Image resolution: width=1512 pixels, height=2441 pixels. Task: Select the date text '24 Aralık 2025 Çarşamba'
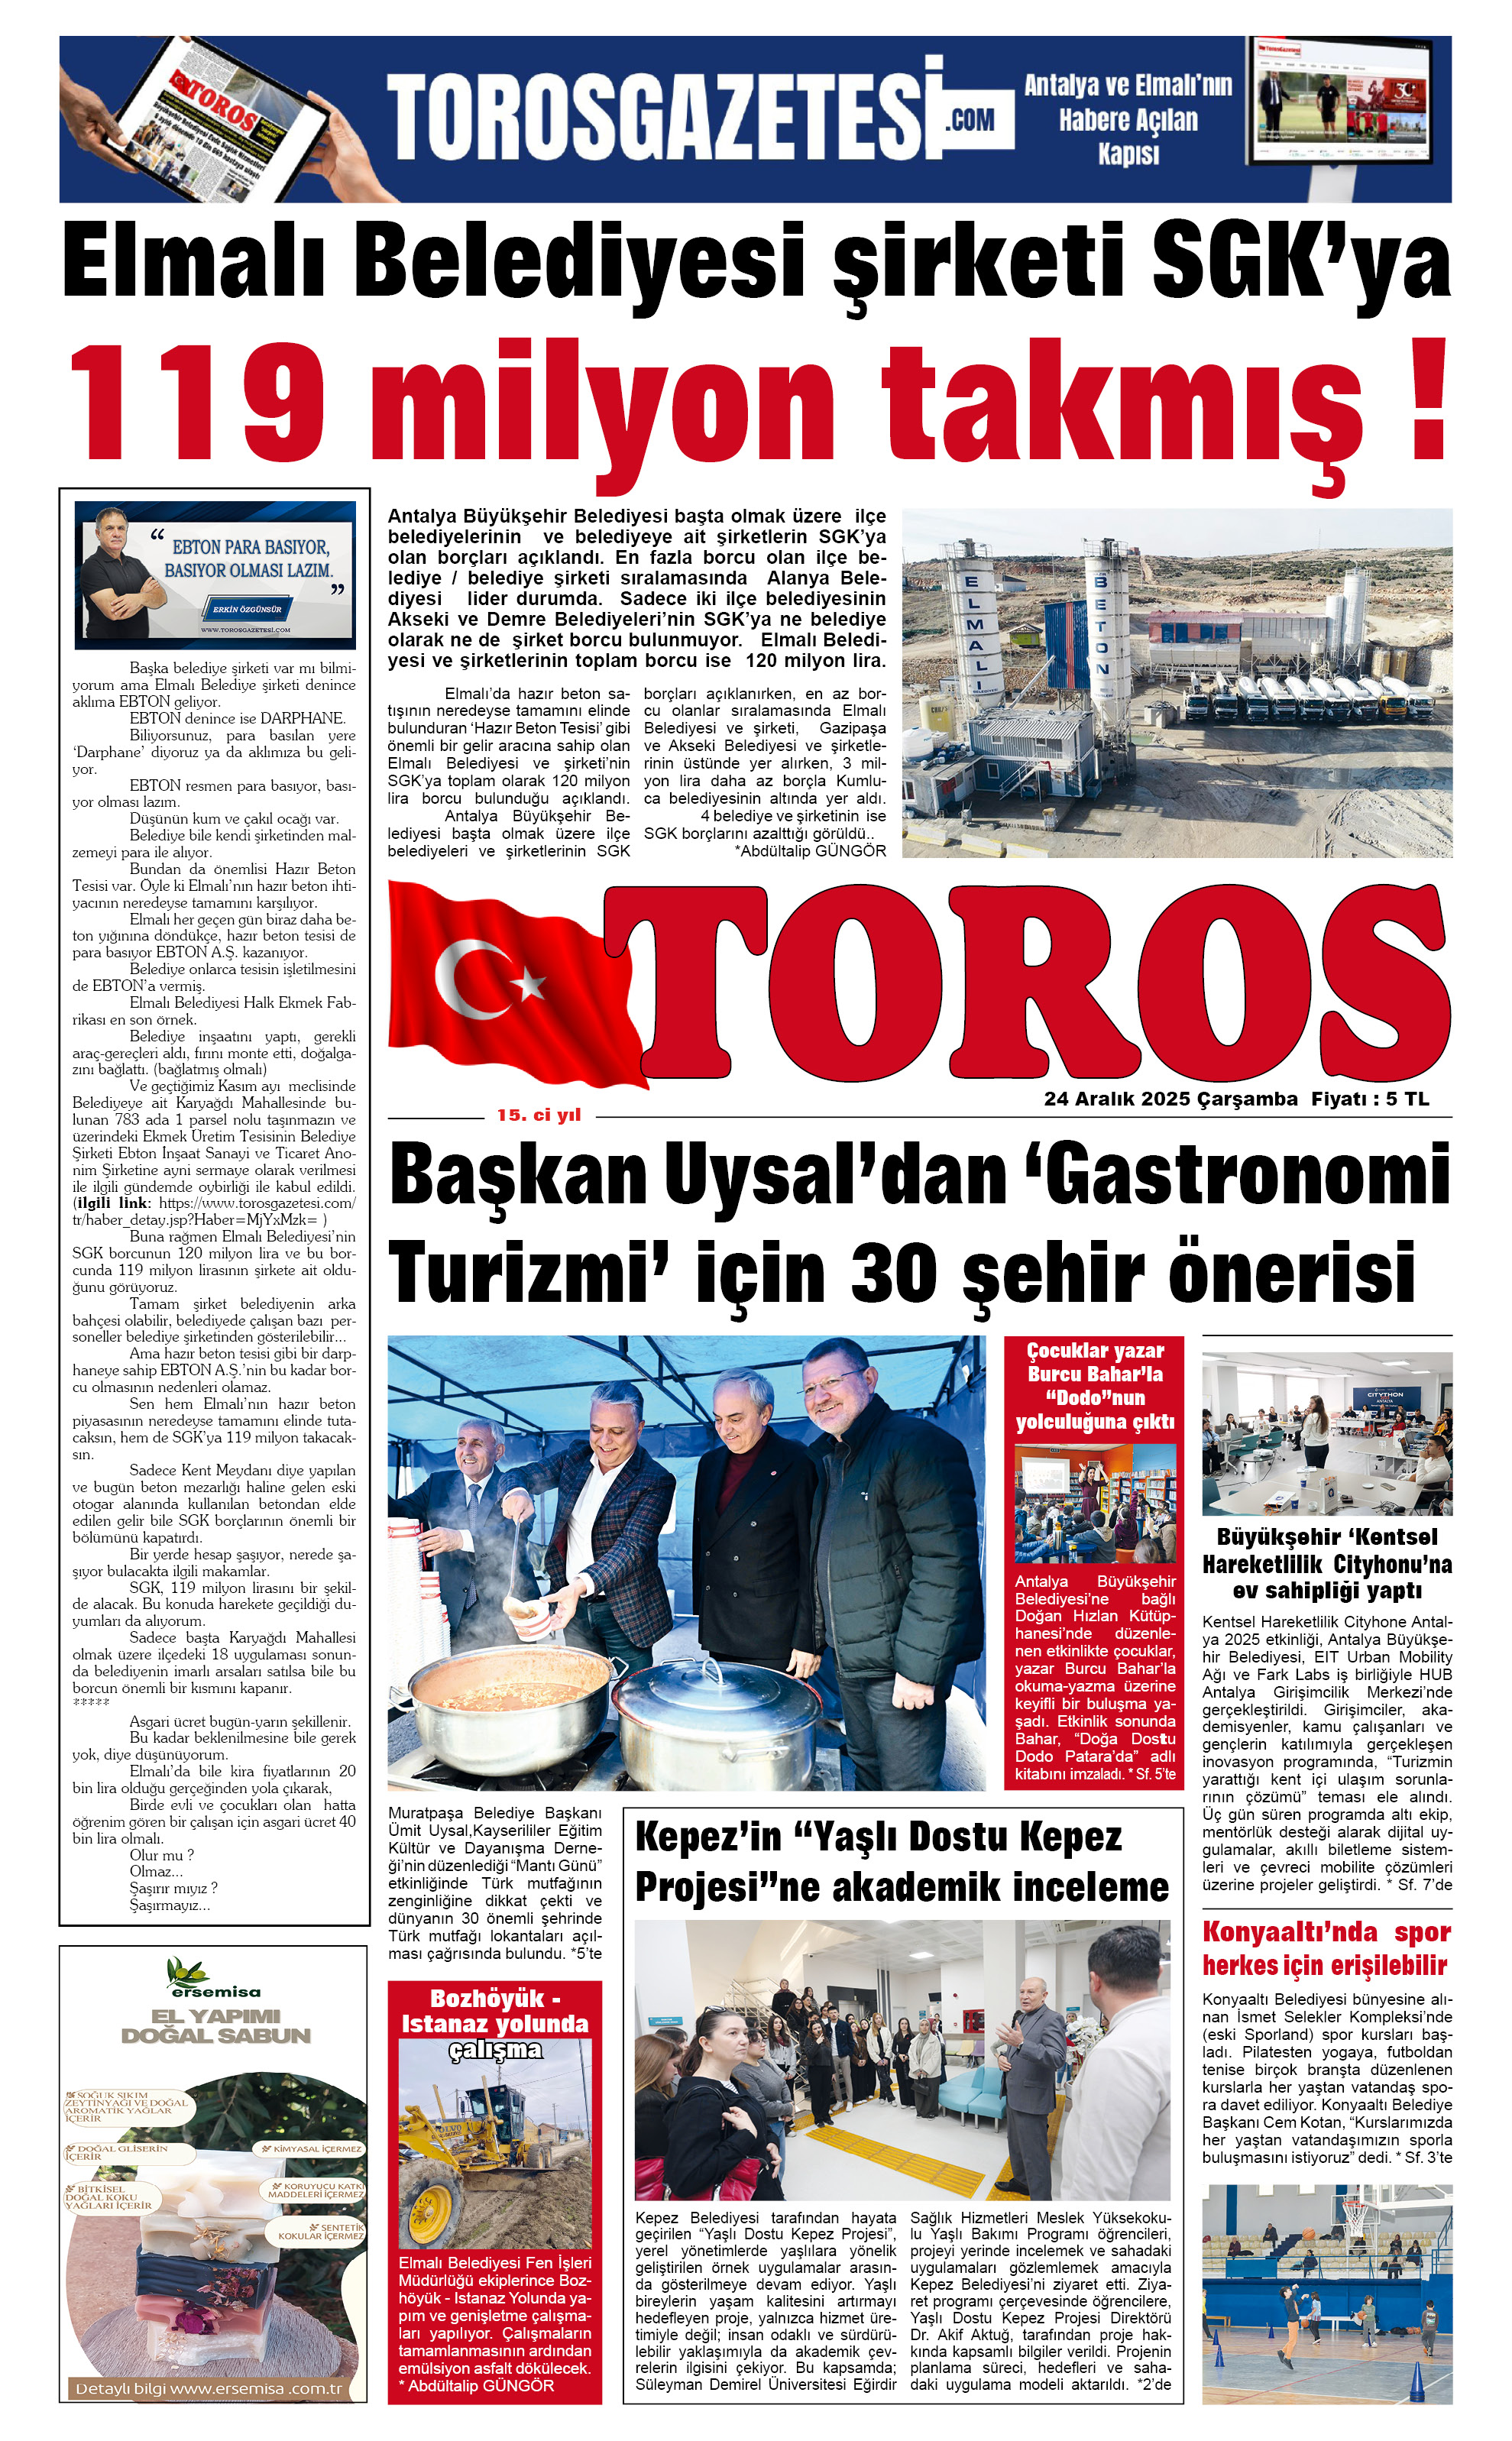coord(1170,1099)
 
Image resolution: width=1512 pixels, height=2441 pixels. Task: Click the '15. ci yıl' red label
coord(538,1115)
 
